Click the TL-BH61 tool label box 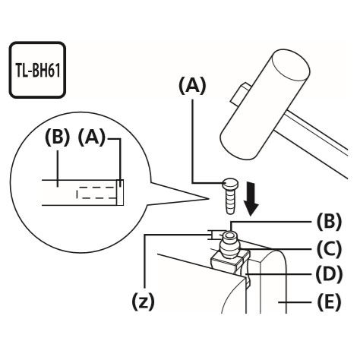pos(37,70)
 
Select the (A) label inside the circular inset pos(91,138)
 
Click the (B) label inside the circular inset pos(57,138)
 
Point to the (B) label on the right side pos(329,222)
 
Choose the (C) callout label pos(329,249)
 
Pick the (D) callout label pos(329,274)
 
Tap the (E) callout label pos(329,302)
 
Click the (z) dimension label pos(143,302)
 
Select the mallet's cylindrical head pos(265,104)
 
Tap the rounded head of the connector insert pos(230,184)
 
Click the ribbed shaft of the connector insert pos(229,201)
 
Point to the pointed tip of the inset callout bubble pos(207,198)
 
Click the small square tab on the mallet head pos(239,93)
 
